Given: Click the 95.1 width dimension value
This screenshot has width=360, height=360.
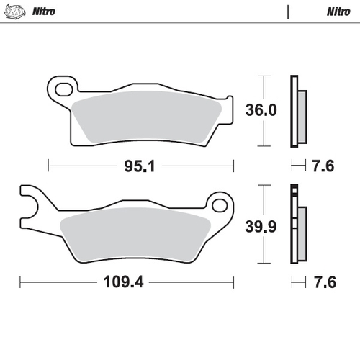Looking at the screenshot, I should (x=140, y=166).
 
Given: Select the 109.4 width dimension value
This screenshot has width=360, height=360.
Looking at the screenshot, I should (x=119, y=282).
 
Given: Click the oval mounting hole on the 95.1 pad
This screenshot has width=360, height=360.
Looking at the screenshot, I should (x=66, y=91).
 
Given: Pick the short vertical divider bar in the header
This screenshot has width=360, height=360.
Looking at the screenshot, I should (x=289, y=12).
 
